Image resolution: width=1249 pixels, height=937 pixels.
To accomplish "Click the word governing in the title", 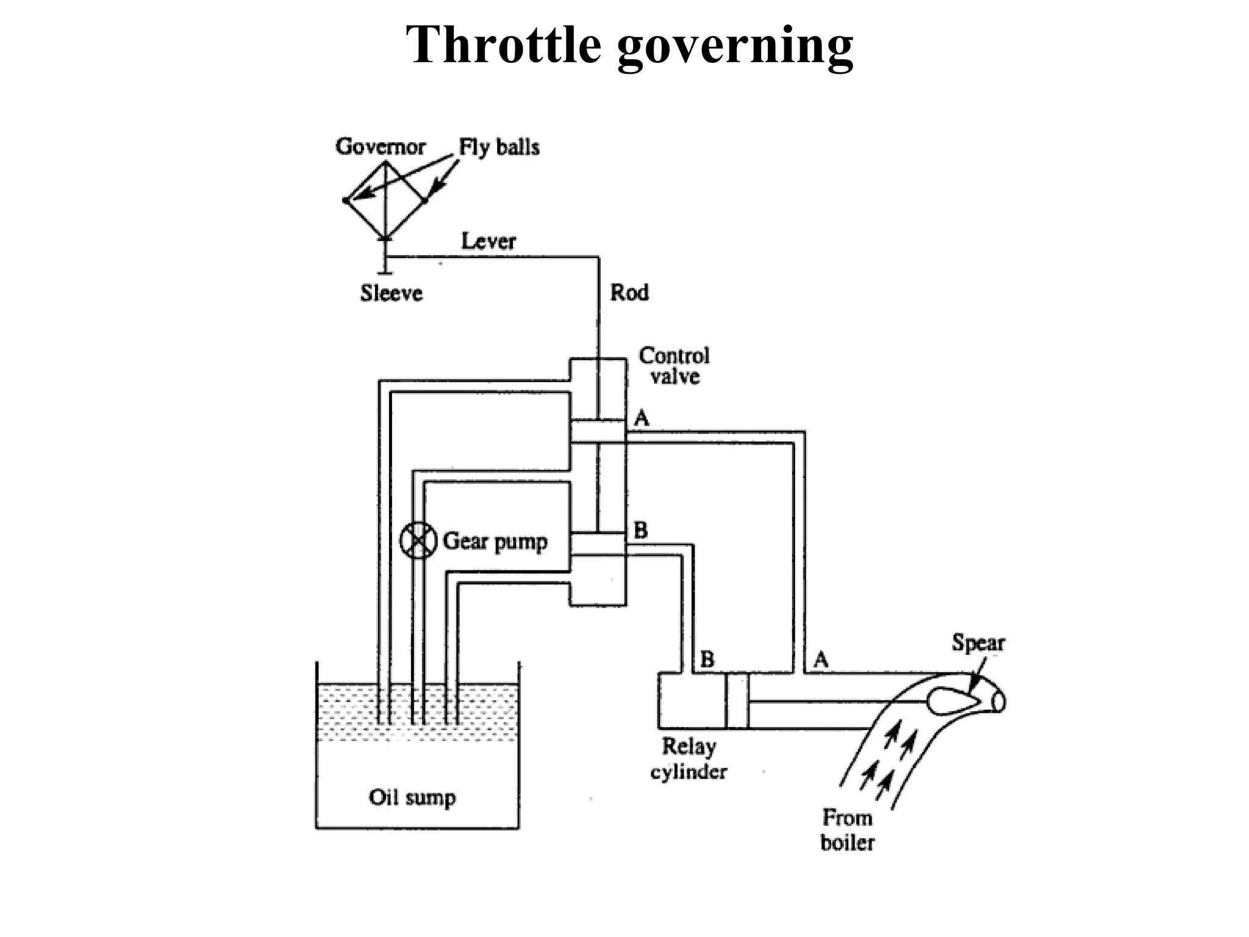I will [735, 46].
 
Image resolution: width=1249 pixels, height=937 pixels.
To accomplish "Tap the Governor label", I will [380, 146].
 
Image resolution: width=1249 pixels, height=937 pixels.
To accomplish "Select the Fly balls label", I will [499, 147].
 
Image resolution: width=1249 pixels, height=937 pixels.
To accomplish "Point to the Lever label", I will [489, 241].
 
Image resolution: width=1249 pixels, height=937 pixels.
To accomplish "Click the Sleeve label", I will [391, 293].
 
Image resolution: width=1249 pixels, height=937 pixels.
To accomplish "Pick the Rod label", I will [629, 292].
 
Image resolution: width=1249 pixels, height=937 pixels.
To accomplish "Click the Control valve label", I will [674, 366].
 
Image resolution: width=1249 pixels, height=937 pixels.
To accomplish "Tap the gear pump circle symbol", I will [418, 540].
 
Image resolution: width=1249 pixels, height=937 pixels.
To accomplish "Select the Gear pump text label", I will [495, 541].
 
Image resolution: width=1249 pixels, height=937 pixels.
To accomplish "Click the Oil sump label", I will [412, 797].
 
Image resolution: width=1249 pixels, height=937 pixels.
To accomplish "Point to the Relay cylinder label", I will [689, 759].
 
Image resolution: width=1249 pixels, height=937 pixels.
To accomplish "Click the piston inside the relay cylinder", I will [737, 700].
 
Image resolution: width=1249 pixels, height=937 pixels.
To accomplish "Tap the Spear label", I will [978, 643].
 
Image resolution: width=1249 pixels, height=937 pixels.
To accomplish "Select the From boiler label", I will [847, 830].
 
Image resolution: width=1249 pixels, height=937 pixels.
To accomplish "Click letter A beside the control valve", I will [642, 418].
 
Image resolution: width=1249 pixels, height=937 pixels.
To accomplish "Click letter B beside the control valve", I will [640, 530].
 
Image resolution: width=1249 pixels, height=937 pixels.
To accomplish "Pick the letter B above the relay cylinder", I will [707, 659].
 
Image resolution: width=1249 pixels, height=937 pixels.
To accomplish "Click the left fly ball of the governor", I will [346, 200].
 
